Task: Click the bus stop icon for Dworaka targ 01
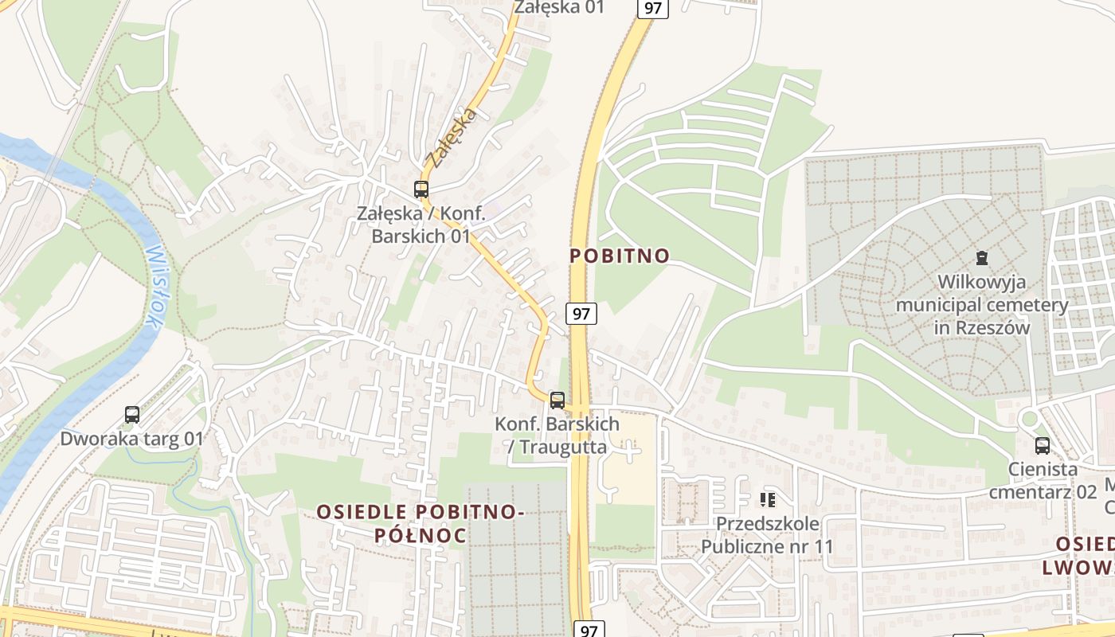coord(132,414)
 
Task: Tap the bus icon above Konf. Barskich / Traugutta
coord(557,400)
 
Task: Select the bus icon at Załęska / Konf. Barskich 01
coord(421,190)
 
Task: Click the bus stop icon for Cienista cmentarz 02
coord(1042,446)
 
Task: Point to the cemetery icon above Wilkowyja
coord(982,258)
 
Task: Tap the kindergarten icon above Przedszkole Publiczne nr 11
coord(768,500)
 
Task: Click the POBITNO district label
coord(620,256)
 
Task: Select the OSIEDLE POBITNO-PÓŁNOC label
coord(421,523)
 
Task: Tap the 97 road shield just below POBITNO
coord(581,313)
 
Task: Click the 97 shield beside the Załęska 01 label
coord(652,8)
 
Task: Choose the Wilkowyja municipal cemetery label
coord(982,304)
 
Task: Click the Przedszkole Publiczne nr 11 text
coord(767,534)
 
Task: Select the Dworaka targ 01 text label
coord(132,438)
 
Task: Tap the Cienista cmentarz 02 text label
coord(1043,480)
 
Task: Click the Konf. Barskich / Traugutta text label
coord(557,435)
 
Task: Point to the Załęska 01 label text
coord(559,8)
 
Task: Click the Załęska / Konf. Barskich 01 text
coord(421,225)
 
